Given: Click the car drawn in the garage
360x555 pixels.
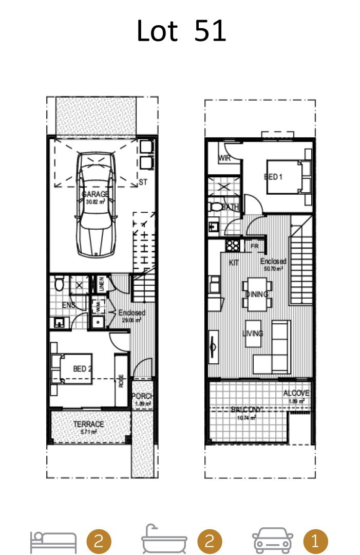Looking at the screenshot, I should tap(96, 206).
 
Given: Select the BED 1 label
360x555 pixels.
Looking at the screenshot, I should tap(273, 177).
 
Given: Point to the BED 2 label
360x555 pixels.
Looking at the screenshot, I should tap(82, 368).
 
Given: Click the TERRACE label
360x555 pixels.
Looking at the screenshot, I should tap(88, 424).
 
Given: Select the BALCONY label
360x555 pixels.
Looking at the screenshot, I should tap(247, 410).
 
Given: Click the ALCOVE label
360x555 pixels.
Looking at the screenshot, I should tap(296, 394).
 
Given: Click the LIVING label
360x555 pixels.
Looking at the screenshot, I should tap(253, 334).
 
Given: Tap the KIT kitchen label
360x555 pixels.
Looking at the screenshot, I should tap(234, 263).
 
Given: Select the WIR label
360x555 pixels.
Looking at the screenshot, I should tap(224, 158).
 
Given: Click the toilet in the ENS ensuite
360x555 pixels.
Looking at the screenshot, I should tap(60, 283).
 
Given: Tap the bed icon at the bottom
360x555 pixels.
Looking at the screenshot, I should tap(53, 541).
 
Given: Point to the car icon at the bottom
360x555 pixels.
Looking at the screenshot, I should tap(273, 541).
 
